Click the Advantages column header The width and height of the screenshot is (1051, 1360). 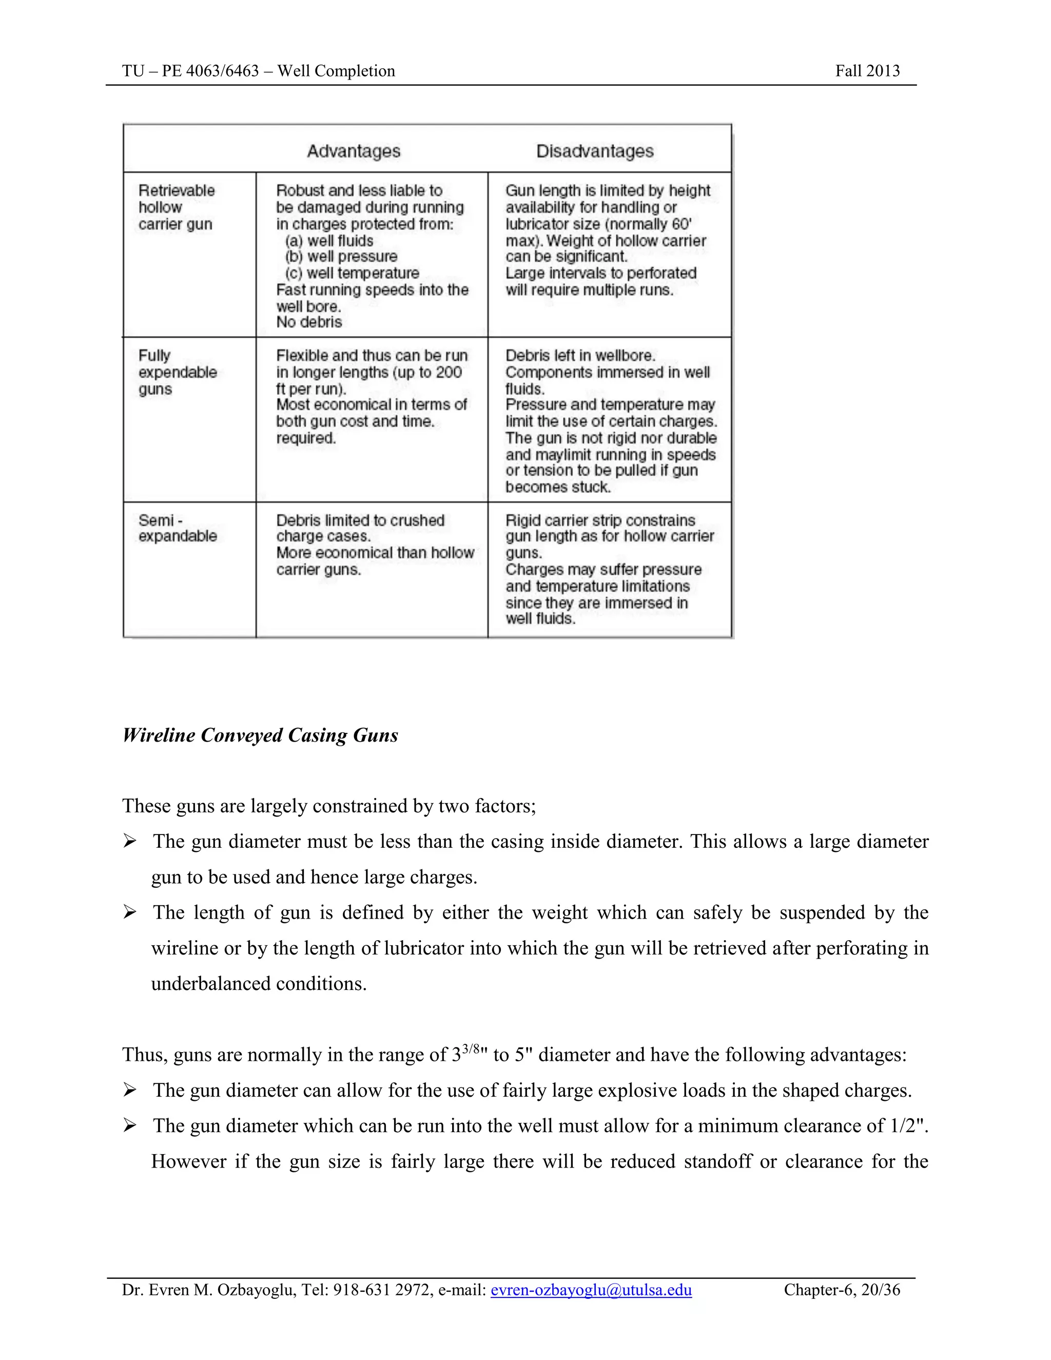(354, 151)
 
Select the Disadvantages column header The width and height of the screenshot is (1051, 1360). (595, 151)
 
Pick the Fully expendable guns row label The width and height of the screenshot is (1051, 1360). (178, 373)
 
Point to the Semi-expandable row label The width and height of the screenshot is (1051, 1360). (178, 528)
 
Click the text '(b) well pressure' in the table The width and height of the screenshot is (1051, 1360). (341, 257)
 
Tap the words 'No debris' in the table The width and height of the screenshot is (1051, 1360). (309, 322)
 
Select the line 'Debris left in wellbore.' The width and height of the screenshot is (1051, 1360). (580, 356)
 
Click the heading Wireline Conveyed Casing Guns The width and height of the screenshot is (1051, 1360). (260, 735)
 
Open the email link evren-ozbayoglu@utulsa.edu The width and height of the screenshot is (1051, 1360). (591, 1289)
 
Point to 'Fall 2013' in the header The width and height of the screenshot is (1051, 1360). (867, 71)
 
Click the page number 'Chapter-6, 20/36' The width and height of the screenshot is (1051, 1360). (842, 1289)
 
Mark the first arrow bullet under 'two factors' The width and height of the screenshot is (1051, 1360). (129, 842)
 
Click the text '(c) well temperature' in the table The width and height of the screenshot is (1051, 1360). (353, 274)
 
